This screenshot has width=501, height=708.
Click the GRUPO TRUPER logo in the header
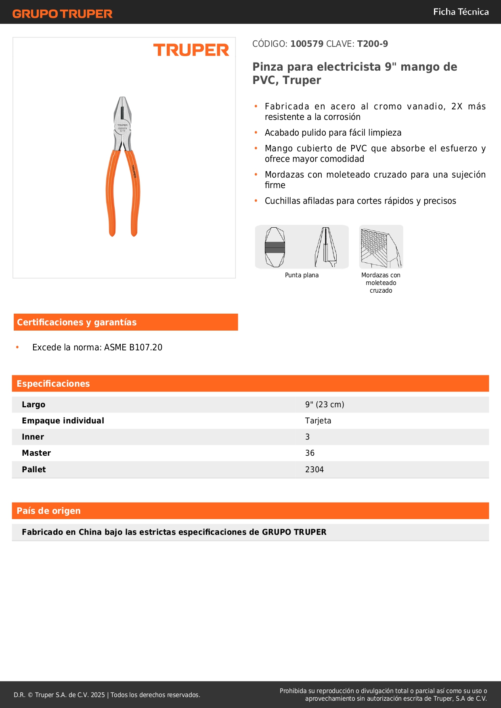[62, 14]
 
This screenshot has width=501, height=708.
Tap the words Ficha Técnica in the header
[461, 12]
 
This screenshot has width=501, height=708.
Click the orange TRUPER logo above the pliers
[191, 50]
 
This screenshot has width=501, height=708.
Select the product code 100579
[307, 44]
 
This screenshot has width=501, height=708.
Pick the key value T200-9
[372, 44]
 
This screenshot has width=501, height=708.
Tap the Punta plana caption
[302, 275]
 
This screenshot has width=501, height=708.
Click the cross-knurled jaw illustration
[381, 247]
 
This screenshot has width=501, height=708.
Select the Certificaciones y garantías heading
[77, 322]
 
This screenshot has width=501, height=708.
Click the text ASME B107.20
[133, 347]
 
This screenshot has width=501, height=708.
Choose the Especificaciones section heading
[53, 383]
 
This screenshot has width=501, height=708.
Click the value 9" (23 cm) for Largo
[325, 404]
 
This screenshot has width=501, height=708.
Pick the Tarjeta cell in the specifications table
[318, 421]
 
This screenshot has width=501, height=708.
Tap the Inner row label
[33, 437]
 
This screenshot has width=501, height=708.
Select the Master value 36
[310, 453]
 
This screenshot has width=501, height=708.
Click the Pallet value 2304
[314, 469]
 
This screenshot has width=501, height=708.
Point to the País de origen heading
[48, 511]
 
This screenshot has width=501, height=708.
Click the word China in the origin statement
[90, 532]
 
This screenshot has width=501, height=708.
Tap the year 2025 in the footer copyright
[98, 695]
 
